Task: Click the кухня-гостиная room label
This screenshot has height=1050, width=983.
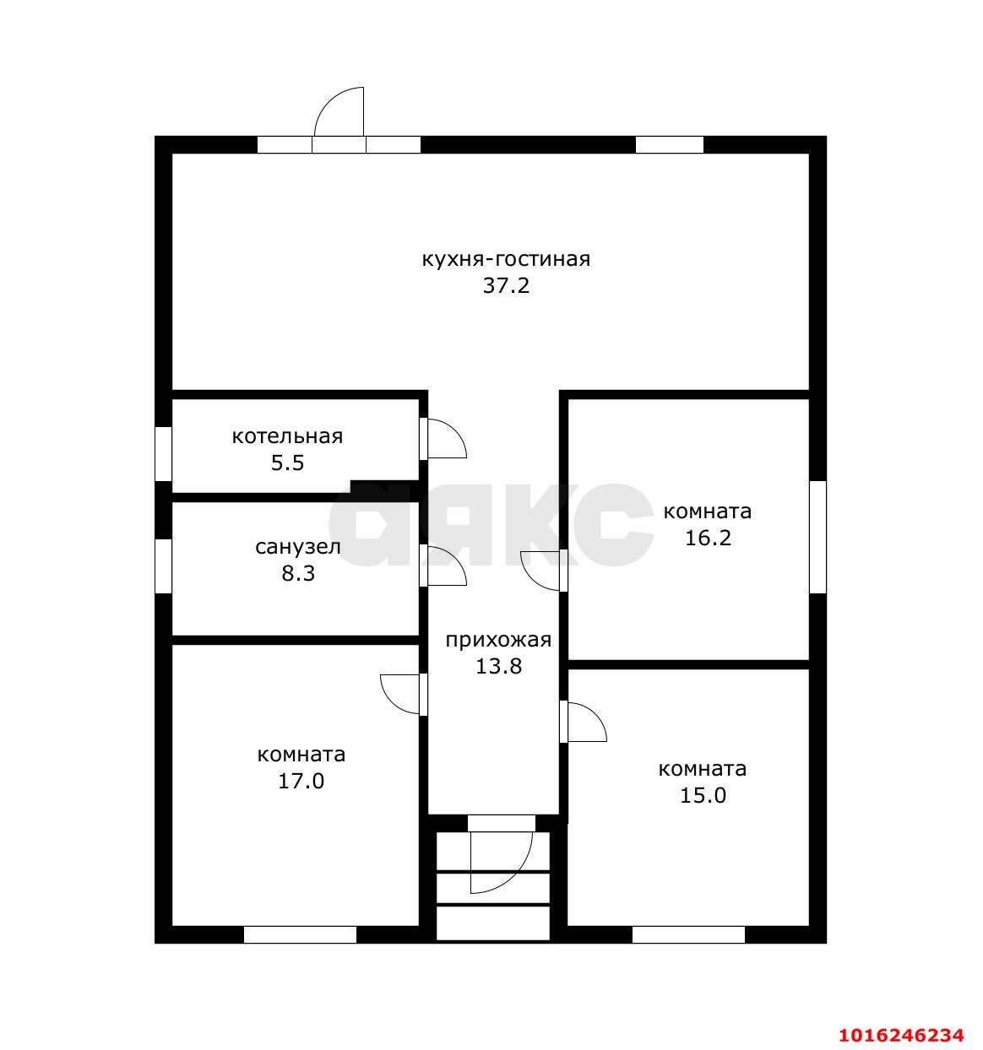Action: click(x=506, y=260)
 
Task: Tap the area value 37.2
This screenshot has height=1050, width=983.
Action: click(x=506, y=286)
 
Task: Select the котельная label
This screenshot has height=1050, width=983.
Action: click(x=287, y=436)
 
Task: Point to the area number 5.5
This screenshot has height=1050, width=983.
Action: click(x=287, y=463)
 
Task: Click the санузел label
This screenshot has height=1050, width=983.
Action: click(x=298, y=547)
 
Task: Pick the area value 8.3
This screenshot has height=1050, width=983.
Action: click(x=298, y=573)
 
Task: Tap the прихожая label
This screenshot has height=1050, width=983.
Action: click(x=498, y=641)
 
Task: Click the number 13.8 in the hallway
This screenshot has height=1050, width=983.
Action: click(x=498, y=666)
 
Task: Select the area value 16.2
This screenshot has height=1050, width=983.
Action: click(x=708, y=539)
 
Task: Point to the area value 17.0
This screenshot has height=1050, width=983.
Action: click(x=301, y=782)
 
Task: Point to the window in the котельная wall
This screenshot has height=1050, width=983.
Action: click(x=164, y=453)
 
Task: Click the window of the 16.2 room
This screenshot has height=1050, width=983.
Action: click(x=818, y=537)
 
